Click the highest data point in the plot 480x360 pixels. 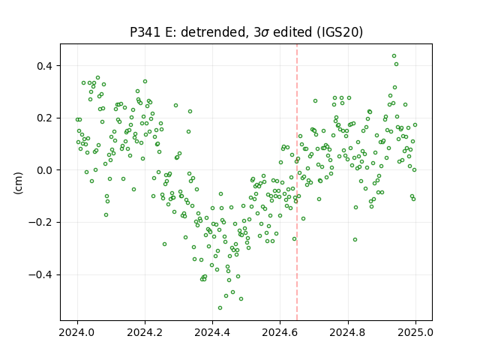click(x=394, y=56)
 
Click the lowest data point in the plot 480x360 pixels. click(x=220, y=308)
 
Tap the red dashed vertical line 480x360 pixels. click(x=297, y=182)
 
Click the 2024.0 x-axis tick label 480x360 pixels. click(x=77, y=332)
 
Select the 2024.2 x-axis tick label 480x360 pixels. click(x=145, y=332)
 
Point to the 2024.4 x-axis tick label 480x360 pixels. click(x=212, y=332)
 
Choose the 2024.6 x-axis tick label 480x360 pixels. click(x=280, y=332)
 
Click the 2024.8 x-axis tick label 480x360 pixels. click(x=347, y=332)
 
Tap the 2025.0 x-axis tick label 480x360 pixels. click(x=415, y=332)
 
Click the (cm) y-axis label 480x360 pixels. click(x=18, y=183)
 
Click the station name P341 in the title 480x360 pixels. click(x=145, y=32)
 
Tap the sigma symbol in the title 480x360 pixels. click(x=265, y=33)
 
